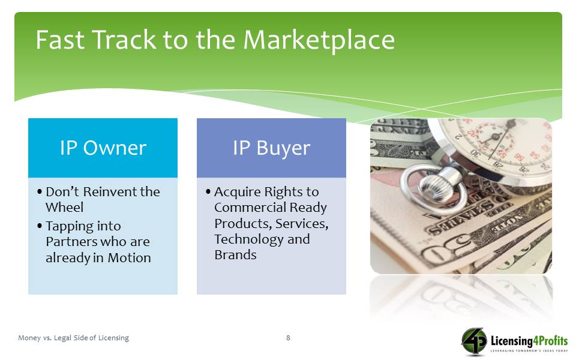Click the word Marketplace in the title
tap(319, 40)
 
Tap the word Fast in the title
tap(60, 40)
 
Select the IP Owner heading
tap(103, 148)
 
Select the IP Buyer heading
tap(271, 148)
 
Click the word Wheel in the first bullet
tap(65, 207)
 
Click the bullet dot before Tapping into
tap(40, 226)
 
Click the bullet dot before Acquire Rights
tap(208, 191)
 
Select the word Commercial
tap(250, 207)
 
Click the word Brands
tap(235, 254)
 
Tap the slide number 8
tap(288, 338)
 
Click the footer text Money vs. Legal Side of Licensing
tap(73, 338)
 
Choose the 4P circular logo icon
tap(474, 341)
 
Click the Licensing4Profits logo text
tap(529, 341)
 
